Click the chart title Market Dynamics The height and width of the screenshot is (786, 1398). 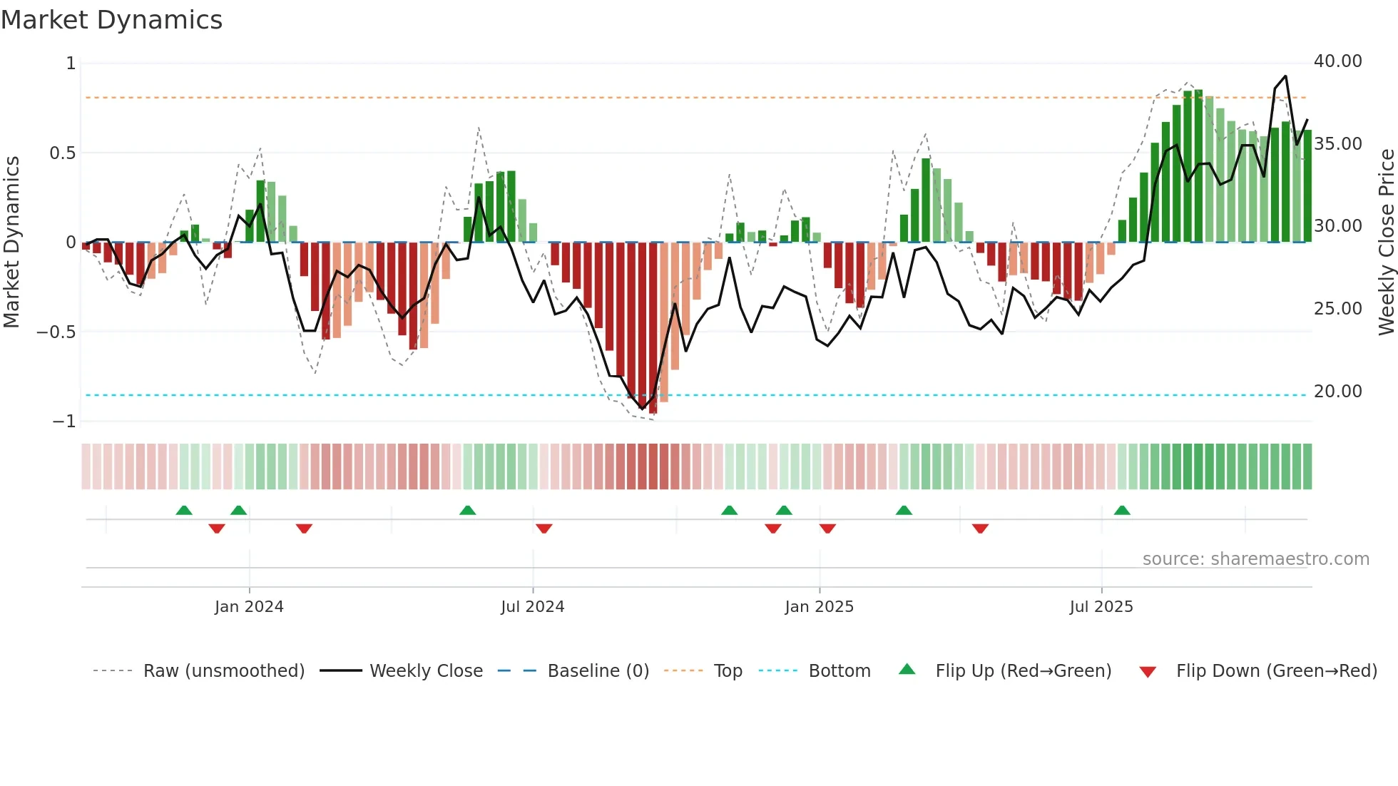tap(111, 20)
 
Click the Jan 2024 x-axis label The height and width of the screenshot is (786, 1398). tap(249, 607)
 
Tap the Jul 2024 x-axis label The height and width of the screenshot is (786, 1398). tap(532, 607)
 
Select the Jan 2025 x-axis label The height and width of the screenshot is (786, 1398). tap(819, 607)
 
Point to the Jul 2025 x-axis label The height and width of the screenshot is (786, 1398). tap(1101, 607)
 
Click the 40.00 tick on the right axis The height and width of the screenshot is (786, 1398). tap(1337, 61)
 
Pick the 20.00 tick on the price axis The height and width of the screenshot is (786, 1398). tap(1337, 392)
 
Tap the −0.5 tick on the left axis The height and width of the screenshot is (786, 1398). tap(56, 332)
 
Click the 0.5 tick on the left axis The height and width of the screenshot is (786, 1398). tap(62, 153)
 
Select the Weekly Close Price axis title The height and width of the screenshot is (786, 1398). tap(1386, 243)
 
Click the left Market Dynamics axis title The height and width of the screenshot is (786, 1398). tap(11, 243)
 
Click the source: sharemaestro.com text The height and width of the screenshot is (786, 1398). tap(1255, 559)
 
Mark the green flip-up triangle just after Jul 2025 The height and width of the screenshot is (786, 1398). tap(1121, 511)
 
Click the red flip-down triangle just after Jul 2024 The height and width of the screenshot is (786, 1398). tap(544, 529)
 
